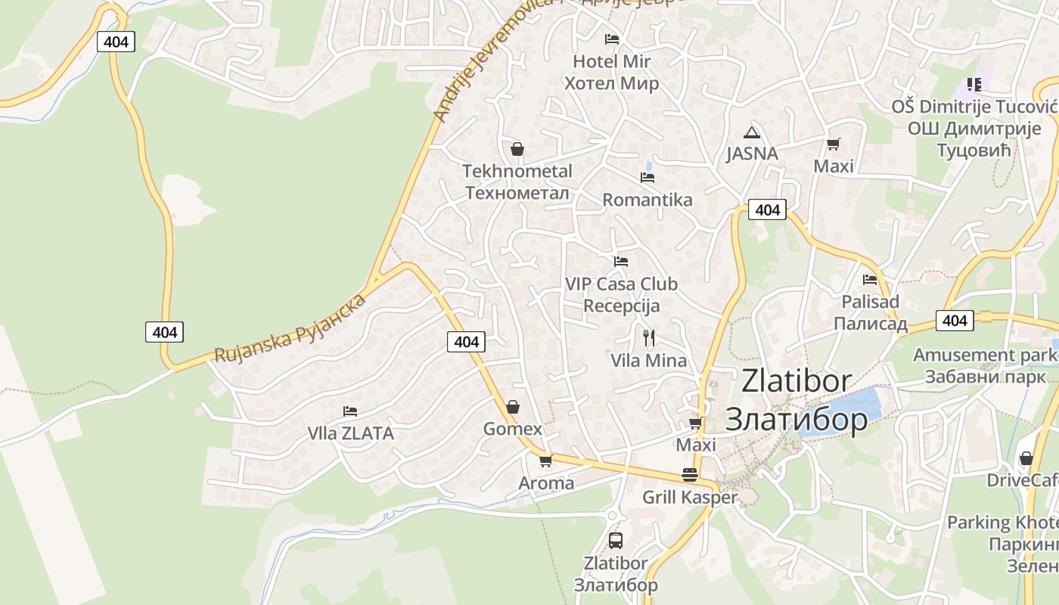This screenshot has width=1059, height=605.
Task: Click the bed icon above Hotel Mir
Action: (612, 39)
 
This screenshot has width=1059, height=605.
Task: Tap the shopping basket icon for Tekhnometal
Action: (517, 149)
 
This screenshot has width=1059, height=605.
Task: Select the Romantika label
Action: (647, 200)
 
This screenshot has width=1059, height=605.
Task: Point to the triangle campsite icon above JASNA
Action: (751, 133)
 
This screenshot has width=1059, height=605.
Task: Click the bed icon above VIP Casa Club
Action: (621, 262)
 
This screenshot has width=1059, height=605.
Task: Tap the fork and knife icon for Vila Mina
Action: (648, 337)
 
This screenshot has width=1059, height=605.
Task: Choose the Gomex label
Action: (513, 429)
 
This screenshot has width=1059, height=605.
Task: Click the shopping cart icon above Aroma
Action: (545, 460)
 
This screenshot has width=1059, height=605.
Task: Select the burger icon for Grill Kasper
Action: (690, 475)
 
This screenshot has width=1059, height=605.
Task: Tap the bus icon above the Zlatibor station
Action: (616, 540)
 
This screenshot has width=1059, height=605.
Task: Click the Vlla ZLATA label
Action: (350, 433)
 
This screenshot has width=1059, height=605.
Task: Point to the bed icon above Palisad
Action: (870, 280)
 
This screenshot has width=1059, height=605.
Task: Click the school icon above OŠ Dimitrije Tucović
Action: (974, 84)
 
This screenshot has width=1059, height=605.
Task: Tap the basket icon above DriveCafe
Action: (1026, 458)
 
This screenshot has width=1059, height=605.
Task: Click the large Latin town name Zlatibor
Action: (796, 381)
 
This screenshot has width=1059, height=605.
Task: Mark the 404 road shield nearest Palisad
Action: (955, 321)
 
